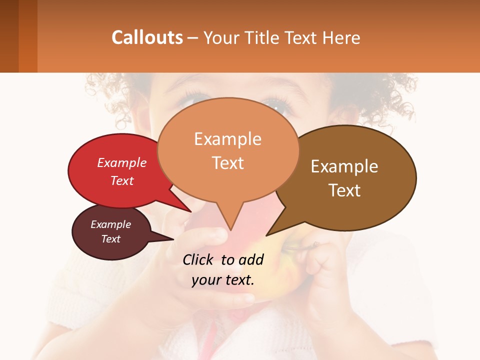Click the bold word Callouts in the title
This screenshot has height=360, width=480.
coord(147,37)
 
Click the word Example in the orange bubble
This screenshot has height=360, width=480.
coord(227,139)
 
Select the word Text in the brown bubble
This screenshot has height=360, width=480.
coord(344,190)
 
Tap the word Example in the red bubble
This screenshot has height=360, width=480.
coord(122,162)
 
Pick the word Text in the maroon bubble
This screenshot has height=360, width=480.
coord(110,239)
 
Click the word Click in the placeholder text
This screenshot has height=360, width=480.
coord(198,259)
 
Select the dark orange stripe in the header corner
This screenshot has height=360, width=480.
coord(27,36)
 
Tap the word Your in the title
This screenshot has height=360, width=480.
coord(222,37)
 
